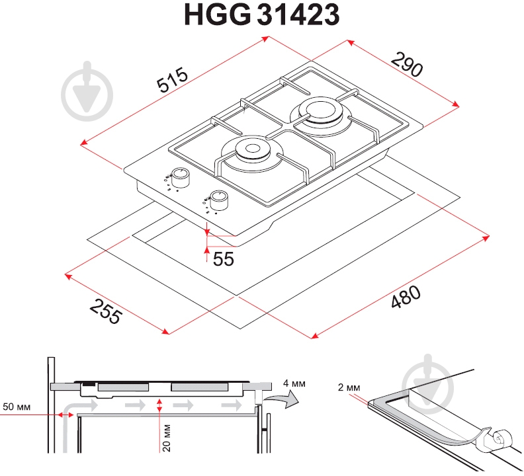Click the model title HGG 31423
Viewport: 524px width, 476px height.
(261, 15)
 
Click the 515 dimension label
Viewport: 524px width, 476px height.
(173, 79)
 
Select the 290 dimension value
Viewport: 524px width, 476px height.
(407, 65)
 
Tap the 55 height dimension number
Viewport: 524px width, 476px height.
(223, 259)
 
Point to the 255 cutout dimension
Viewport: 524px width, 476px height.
(106, 311)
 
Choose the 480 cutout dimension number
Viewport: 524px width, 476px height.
(406, 297)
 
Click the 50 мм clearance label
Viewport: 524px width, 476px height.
(17, 407)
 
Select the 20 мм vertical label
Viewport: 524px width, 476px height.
(166, 438)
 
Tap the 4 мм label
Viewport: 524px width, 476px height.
(294, 383)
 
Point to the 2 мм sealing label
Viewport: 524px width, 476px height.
(349, 387)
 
